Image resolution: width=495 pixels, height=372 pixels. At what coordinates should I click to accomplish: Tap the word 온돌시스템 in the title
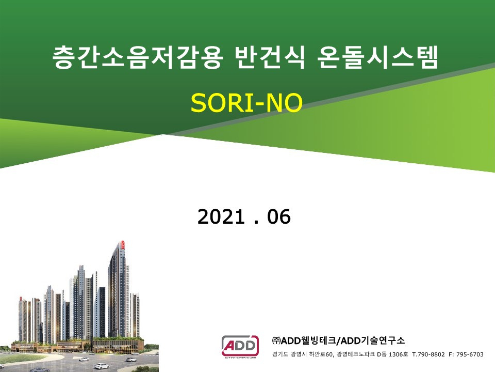(x=378, y=57)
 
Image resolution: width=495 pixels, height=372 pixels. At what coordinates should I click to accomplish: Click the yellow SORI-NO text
(x=246, y=102)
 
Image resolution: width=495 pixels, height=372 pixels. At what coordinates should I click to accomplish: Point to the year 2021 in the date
(x=221, y=216)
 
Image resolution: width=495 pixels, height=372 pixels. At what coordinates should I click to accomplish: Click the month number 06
(x=279, y=216)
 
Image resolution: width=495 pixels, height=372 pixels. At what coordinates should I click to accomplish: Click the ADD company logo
(x=240, y=347)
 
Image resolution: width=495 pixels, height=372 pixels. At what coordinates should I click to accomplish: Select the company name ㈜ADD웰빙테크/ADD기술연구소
(x=338, y=340)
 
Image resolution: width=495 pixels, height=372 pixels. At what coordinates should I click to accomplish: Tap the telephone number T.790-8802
(x=428, y=354)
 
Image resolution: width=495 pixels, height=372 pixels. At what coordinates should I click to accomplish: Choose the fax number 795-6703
(x=470, y=354)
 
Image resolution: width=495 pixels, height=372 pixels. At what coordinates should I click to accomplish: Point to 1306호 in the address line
(x=398, y=354)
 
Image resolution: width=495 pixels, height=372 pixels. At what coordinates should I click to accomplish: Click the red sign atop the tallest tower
(x=123, y=245)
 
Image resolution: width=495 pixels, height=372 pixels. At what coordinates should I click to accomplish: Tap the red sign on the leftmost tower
(x=21, y=299)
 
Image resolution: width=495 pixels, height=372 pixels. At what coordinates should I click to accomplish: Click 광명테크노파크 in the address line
(x=356, y=354)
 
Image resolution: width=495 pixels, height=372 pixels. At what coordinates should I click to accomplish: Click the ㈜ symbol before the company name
(x=276, y=340)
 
